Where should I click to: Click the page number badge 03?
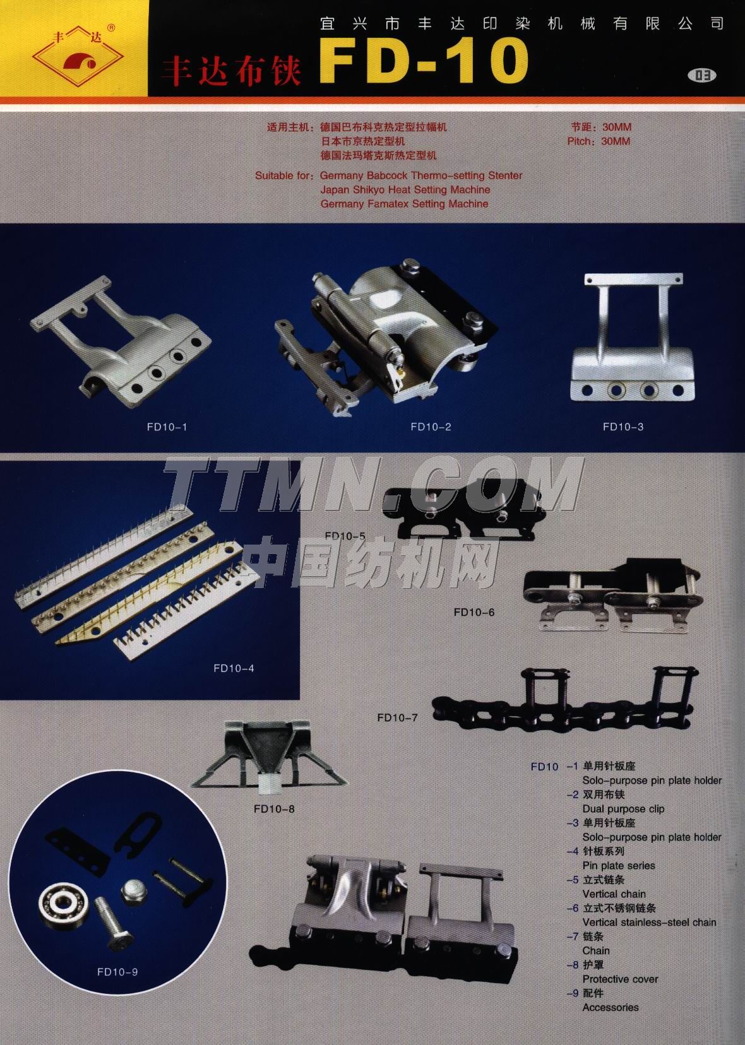702,75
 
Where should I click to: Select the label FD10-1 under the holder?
167,427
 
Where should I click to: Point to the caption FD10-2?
431,427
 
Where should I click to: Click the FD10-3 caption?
623,427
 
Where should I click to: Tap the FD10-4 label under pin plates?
234,668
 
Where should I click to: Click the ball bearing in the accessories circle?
60,907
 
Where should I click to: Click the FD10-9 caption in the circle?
117,972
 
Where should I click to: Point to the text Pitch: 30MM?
599,141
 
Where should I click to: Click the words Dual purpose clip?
623,809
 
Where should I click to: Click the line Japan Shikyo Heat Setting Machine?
405,190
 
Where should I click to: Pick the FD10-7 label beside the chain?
397,717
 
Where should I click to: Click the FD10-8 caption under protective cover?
275,809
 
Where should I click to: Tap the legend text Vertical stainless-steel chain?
649,923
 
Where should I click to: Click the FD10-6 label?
474,613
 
